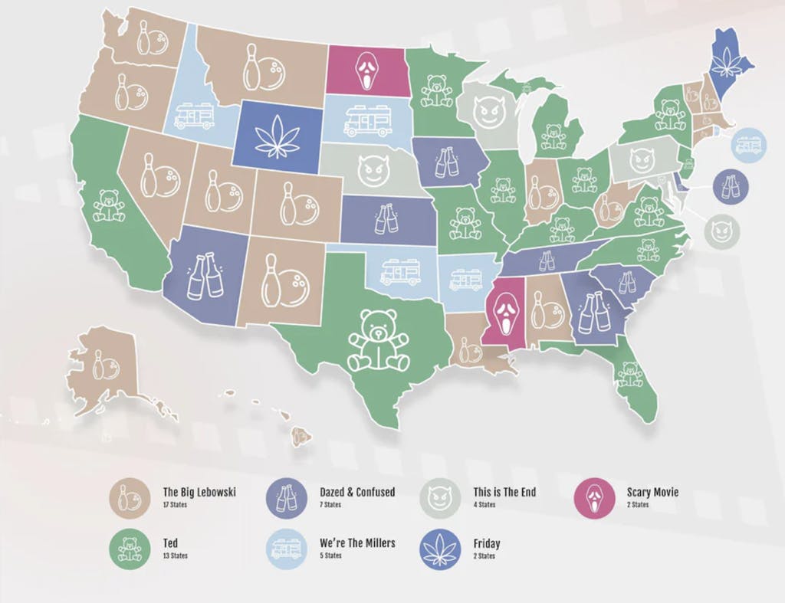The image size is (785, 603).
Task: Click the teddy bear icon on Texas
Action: pos(379,340)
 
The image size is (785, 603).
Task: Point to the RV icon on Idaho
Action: pos(194,116)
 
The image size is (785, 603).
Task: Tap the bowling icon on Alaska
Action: pos(103,365)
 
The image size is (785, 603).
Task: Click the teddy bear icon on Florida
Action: pos(629,373)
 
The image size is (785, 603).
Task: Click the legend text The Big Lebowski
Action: pos(199,492)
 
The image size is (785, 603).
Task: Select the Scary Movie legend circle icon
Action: pos(594,497)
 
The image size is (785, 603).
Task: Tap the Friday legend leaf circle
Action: pos(441,549)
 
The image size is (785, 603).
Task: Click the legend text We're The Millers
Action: pos(357,543)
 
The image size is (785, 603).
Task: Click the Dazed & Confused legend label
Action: pos(356,492)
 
